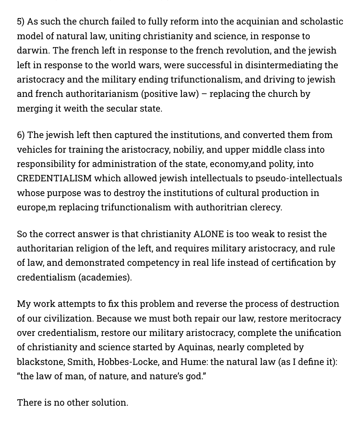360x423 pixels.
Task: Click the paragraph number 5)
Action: click(x=21, y=21)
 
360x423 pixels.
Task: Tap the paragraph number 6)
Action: click(x=21, y=135)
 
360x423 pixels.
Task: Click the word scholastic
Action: click(x=322, y=21)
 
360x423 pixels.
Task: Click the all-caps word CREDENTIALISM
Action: click(x=54, y=178)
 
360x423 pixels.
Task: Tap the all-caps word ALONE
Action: click(x=209, y=234)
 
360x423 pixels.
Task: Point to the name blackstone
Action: click(x=40, y=362)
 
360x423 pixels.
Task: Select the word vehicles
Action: click(x=34, y=150)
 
